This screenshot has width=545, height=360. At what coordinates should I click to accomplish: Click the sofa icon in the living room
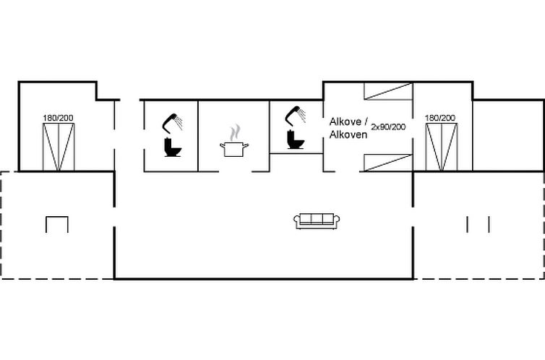317,221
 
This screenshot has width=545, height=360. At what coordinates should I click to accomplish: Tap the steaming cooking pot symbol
234,141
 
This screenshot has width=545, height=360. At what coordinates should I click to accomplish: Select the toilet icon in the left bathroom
173,147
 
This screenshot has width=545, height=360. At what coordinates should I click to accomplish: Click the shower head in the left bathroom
173,123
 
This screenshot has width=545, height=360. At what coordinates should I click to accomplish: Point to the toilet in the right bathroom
296,140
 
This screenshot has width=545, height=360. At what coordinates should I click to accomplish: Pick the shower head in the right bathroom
296,116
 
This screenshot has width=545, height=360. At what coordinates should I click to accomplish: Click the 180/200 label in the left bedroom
58,118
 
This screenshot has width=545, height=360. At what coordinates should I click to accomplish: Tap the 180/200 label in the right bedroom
440,118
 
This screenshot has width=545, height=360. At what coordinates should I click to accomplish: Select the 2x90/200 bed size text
388,127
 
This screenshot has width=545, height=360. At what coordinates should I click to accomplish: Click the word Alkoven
348,134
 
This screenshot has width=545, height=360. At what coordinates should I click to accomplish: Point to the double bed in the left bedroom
59,147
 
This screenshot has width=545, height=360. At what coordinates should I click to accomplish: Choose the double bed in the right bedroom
442,147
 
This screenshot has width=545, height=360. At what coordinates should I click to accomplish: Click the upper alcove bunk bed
388,91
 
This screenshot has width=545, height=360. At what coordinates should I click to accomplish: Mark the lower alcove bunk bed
388,163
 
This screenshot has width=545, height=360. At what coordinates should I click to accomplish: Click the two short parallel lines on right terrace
478,224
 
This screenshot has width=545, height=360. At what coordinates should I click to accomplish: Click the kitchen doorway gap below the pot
236,171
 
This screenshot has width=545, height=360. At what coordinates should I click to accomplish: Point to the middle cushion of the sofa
317,219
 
